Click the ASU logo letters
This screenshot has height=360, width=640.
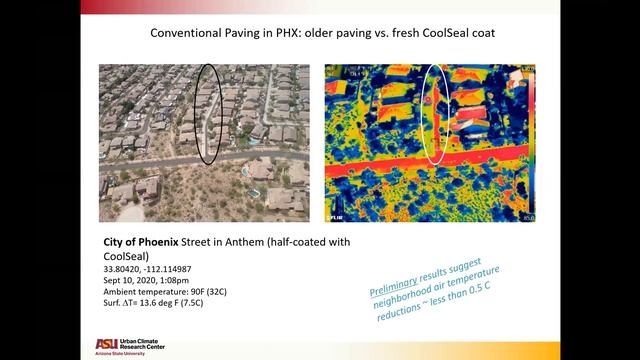click(x=105, y=343)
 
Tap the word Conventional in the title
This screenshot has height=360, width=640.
click(x=190, y=33)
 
